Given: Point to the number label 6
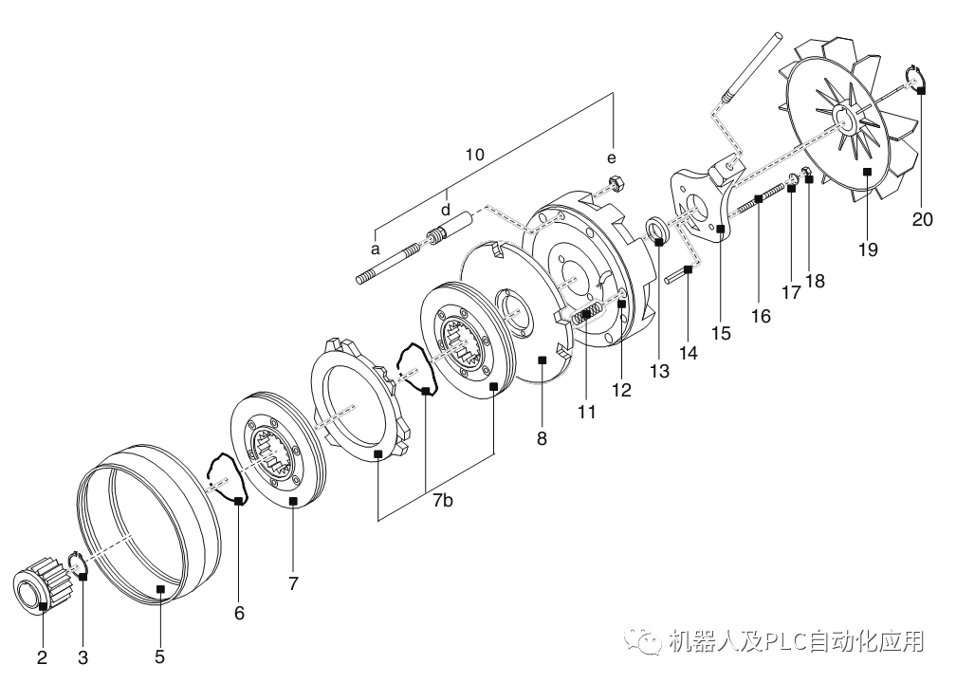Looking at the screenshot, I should point(239,614).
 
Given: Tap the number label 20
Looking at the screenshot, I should point(923,219).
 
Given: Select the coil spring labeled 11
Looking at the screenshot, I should point(589,314).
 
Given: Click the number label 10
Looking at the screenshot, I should point(475,154).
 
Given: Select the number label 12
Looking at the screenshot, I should point(621,388).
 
